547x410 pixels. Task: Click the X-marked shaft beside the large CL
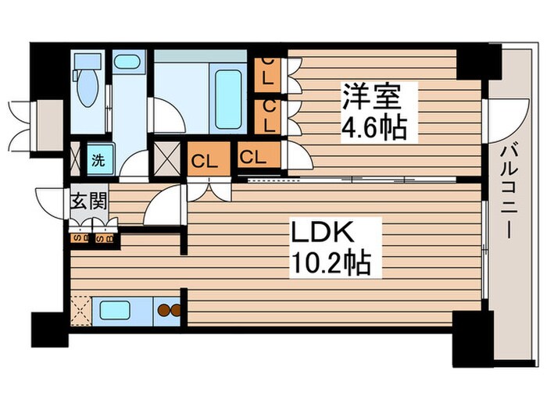tap(169, 159)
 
